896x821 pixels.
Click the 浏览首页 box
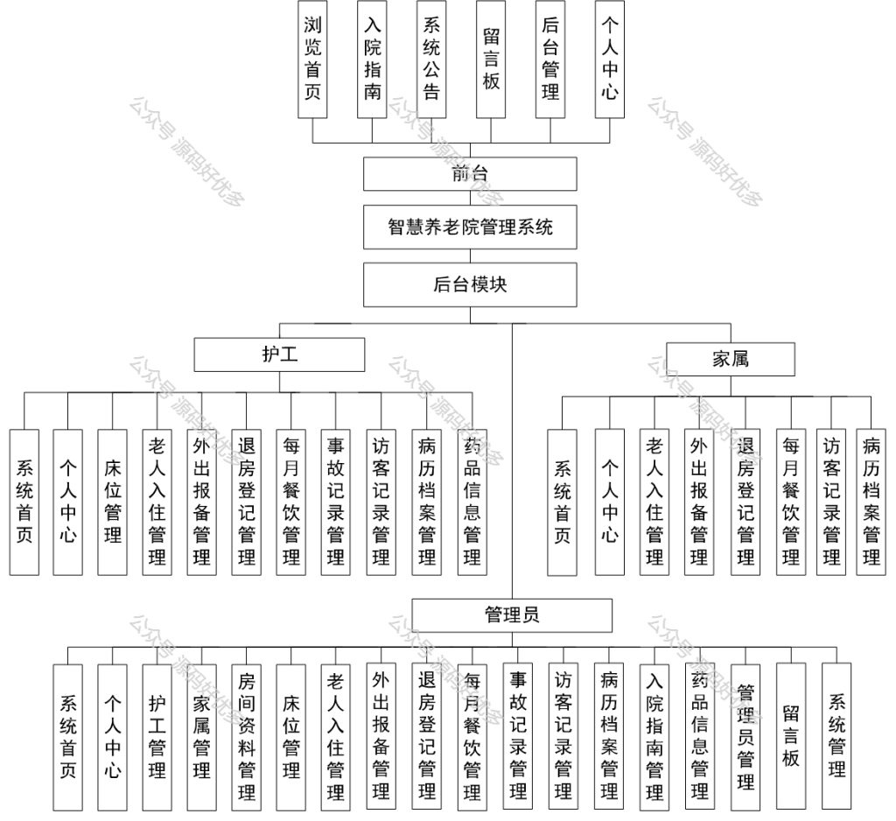pyautogui.click(x=312, y=59)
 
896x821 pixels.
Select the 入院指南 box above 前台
pyautogui.click(x=372, y=59)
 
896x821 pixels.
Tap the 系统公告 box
pyautogui.click(x=431, y=59)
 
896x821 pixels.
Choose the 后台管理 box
pyautogui.click(x=550, y=59)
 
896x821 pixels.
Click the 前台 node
pyautogui.click(x=470, y=174)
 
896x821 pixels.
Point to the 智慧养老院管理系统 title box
pyautogui.click(x=470, y=228)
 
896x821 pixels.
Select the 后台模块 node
pyautogui.click(x=470, y=284)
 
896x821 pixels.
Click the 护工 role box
pyautogui.click(x=279, y=354)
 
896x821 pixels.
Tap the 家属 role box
pyautogui.click(x=731, y=359)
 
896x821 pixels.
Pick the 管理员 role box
pyautogui.click(x=512, y=615)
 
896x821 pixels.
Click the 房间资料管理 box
pyautogui.click(x=246, y=737)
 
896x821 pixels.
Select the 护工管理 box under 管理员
pyautogui.click(x=157, y=737)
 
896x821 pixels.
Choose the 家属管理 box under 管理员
pyautogui.click(x=202, y=737)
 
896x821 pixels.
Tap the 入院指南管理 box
pyautogui.click(x=654, y=736)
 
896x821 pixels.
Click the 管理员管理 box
pyautogui.click(x=745, y=737)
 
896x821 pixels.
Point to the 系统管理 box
pyautogui.click(x=836, y=736)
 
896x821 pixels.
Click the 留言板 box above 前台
pyautogui.click(x=491, y=59)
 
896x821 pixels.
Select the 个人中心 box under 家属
pyautogui.click(x=610, y=502)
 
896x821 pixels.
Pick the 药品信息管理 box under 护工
pyautogui.click(x=472, y=502)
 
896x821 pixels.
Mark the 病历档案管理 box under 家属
pyautogui.click(x=871, y=502)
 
